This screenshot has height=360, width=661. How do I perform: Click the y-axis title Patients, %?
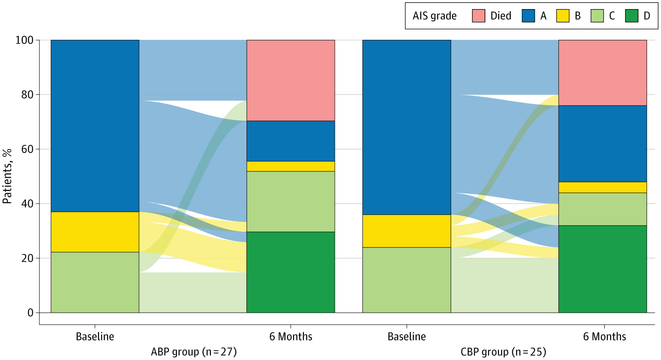(8, 176)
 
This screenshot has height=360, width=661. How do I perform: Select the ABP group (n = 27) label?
(194, 352)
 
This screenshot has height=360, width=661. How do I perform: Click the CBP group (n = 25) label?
(503, 352)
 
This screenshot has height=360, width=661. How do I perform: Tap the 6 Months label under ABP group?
(291, 337)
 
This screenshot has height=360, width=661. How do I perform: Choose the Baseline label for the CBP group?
(407, 337)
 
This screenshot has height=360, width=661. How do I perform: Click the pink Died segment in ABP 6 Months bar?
(291, 80)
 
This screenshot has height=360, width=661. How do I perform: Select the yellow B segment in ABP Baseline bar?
(94, 232)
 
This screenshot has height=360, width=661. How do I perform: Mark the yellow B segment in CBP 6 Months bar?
(602, 187)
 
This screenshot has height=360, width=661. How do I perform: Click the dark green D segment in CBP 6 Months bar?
(602, 269)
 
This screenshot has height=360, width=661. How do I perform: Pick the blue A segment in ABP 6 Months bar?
(291, 141)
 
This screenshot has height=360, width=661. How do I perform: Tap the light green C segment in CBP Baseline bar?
(407, 280)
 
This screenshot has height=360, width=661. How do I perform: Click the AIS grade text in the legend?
(435, 16)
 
